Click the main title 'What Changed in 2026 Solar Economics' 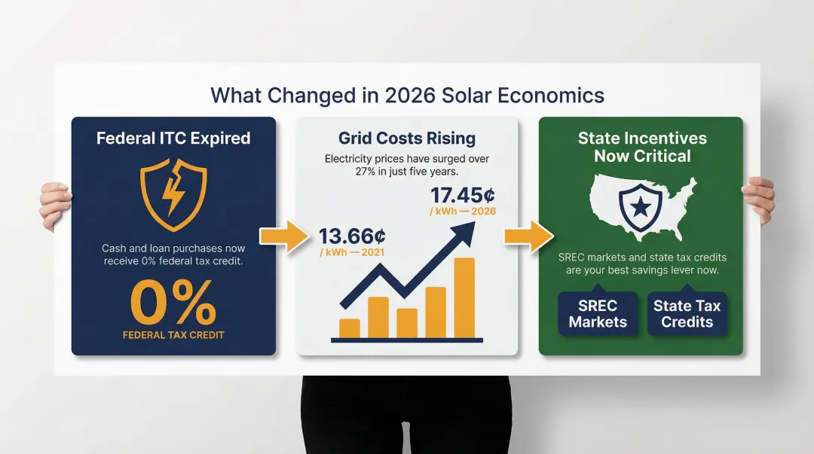point(407,96)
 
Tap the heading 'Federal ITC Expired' point(173,139)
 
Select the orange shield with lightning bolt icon point(173,194)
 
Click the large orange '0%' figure point(173,303)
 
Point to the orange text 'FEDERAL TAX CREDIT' point(173,334)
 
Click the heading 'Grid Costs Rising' point(407,139)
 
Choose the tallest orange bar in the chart point(464,298)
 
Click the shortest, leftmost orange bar point(350,328)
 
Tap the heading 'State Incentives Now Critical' point(642,148)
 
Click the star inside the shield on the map point(640,206)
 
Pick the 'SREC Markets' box point(598,314)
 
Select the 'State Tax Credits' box point(687,314)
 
